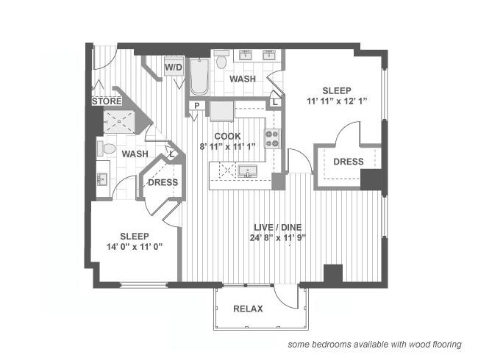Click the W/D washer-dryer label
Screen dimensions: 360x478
click(x=174, y=68)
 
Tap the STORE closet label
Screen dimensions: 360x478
click(x=107, y=101)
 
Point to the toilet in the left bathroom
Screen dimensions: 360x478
click(x=109, y=149)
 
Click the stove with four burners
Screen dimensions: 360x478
click(x=272, y=139)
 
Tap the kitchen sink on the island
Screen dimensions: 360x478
click(x=249, y=173)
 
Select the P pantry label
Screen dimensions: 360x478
click(x=196, y=107)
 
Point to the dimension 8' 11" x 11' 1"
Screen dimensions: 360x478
click(x=228, y=146)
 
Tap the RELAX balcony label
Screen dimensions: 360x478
click(x=248, y=309)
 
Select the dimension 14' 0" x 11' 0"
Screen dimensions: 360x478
click(x=135, y=248)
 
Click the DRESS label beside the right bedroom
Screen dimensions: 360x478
click(x=348, y=162)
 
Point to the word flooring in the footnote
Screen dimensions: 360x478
click(x=443, y=344)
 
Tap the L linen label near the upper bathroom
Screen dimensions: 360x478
click(x=274, y=102)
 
